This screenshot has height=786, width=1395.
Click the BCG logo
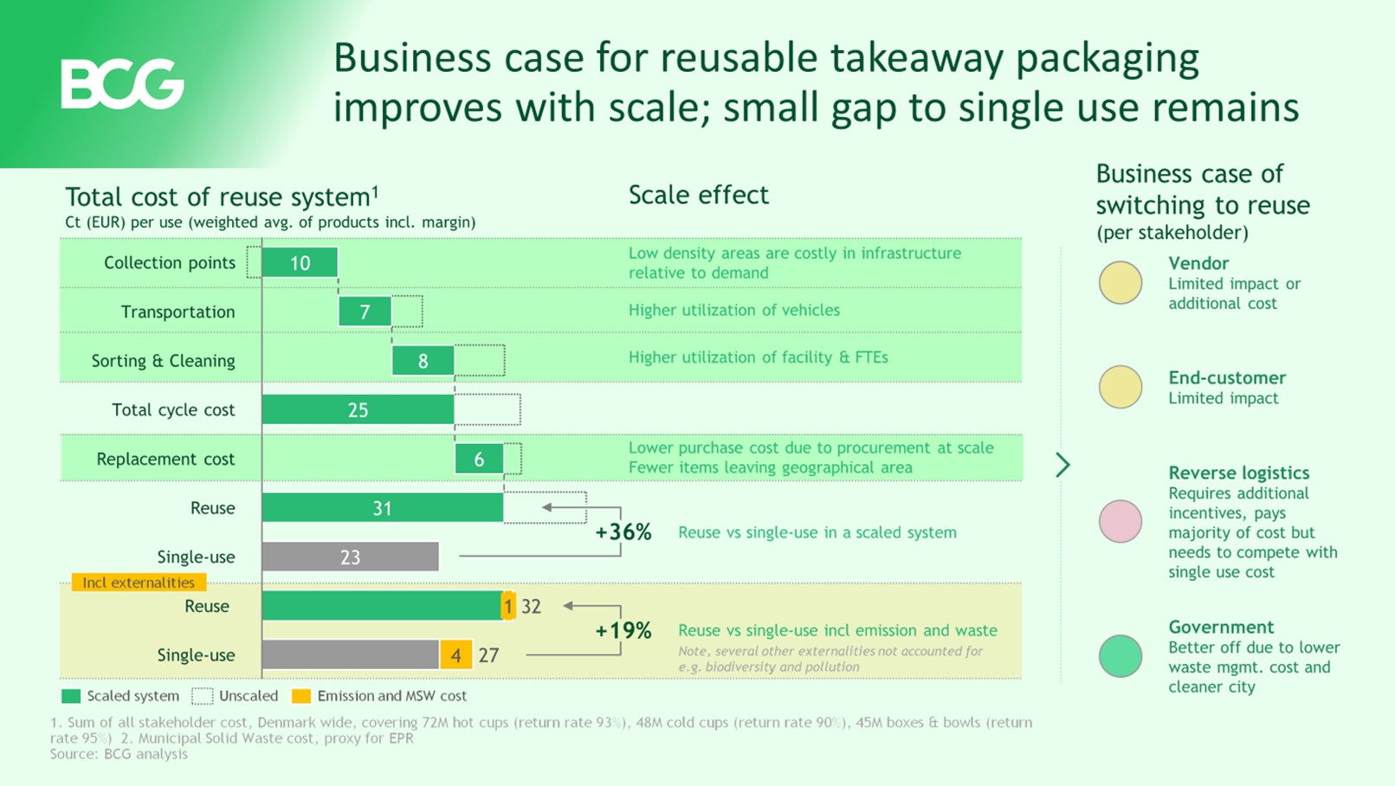pyautogui.click(x=122, y=84)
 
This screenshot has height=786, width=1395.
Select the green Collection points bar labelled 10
pyautogui.click(x=300, y=262)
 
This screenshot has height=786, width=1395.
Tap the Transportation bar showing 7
pyautogui.click(x=365, y=312)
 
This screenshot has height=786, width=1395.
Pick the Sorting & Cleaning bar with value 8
pyautogui.click(x=423, y=360)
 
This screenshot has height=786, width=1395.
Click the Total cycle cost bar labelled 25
pyautogui.click(x=358, y=409)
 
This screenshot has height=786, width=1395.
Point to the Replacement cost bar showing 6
pyautogui.click(x=479, y=459)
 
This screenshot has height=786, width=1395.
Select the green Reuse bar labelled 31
pyautogui.click(x=382, y=508)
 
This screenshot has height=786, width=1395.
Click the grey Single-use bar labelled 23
pyautogui.click(x=350, y=557)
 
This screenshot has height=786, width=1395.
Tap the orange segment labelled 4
pyautogui.click(x=455, y=654)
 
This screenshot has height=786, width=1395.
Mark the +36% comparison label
pyautogui.click(x=623, y=532)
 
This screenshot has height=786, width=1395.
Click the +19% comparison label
pyautogui.click(x=623, y=630)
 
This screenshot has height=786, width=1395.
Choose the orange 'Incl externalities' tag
pyautogui.click(x=139, y=583)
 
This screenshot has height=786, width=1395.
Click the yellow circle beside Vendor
pyautogui.click(x=1121, y=282)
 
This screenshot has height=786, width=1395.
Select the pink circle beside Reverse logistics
pyautogui.click(x=1121, y=521)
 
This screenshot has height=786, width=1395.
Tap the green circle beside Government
pyautogui.click(x=1121, y=656)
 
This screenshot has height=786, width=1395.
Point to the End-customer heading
pyautogui.click(x=1227, y=377)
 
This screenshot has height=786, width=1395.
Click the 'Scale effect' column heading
pyautogui.click(x=698, y=195)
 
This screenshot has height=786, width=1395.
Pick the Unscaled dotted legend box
pyautogui.click(x=203, y=696)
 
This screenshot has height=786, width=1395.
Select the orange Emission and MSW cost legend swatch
pyautogui.click(x=300, y=696)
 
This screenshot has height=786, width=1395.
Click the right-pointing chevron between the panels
pyautogui.click(x=1063, y=465)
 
